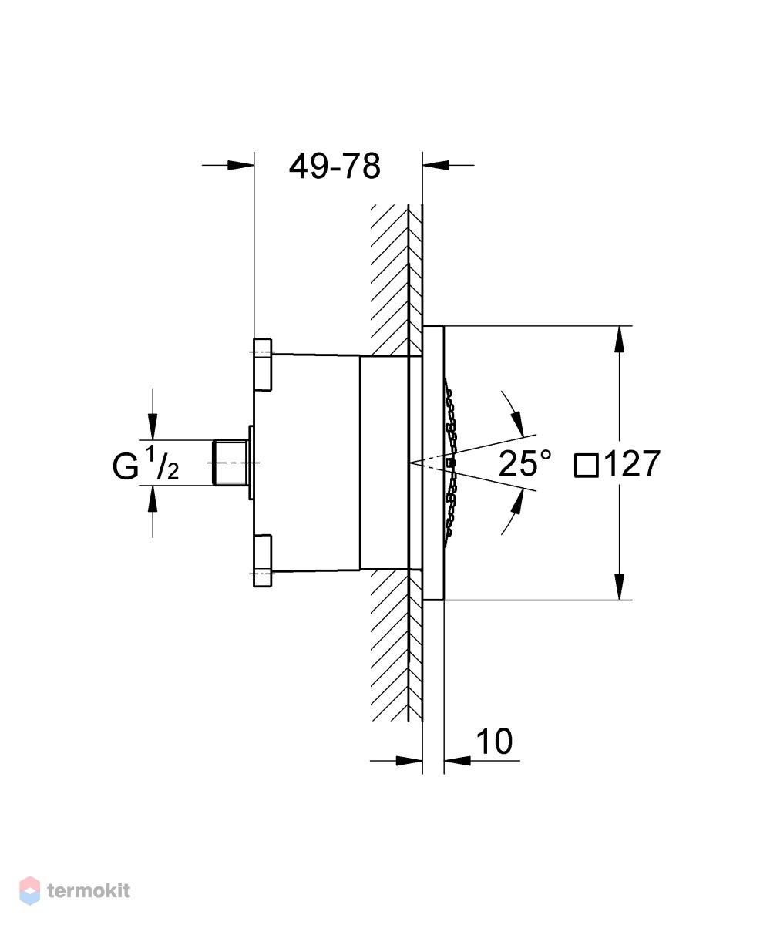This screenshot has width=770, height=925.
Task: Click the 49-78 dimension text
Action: pyautogui.click(x=335, y=166)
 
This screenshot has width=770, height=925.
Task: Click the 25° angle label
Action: pyautogui.click(x=525, y=463)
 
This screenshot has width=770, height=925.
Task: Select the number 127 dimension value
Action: pyautogui.click(x=632, y=463)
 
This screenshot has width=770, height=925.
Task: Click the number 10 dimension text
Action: pyautogui.click(x=494, y=741)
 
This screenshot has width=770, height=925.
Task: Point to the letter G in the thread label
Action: pyautogui.click(x=126, y=466)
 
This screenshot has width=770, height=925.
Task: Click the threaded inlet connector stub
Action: pyautogui.click(x=230, y=462)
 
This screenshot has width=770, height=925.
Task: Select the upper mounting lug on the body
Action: pyautogui.click(x=263, y=365)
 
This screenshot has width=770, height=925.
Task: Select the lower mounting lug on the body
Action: pyautogui.click(x=263, y=561)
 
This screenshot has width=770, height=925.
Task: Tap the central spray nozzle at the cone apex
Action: pyautogui.click(x=452, y=463)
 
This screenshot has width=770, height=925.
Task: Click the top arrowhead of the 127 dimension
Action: pyautogui.click(x=620, y=340)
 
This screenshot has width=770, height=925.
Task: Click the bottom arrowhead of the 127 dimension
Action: pyautogui.click(x=620, y=587)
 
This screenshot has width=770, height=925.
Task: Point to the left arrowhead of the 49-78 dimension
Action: pyautogui.click(x=241, y=165)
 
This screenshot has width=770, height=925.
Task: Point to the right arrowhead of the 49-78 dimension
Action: pyautogui.click(x=436, y=165)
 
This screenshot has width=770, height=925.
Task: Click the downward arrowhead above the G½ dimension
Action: pyautogui.click(x=153, y=426)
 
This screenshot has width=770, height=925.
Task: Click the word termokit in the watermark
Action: pyautogui.click(x=89, y=890)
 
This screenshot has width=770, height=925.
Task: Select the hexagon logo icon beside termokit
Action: pyautogui.click(x=30, y=890)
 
